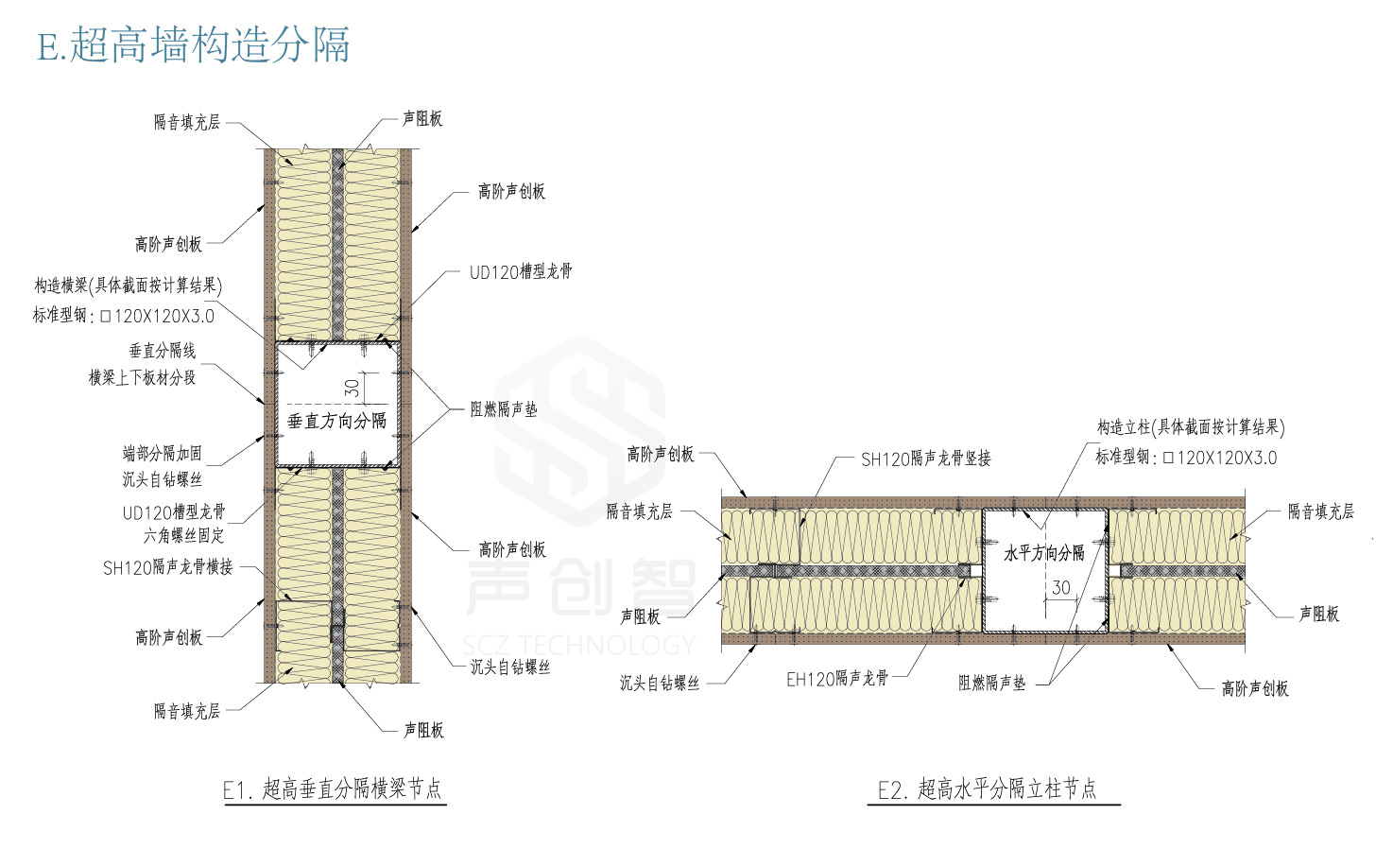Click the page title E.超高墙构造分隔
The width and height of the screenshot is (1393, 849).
(194, 44)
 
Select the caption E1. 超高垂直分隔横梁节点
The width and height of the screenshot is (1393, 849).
(333, 788)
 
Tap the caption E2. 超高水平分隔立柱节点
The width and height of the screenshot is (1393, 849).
(988, 788)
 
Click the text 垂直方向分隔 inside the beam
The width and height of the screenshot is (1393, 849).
(336, 421)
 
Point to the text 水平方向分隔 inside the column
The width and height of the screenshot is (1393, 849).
(1044, 552)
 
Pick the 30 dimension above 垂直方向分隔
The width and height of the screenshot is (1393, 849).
(352, 388)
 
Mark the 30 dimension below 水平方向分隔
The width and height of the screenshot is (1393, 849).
(1061, 587)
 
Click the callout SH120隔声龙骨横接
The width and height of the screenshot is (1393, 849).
(168, 566)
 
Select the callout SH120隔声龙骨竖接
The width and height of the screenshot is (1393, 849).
(926, 459)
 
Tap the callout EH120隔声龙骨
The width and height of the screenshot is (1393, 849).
(837, 679)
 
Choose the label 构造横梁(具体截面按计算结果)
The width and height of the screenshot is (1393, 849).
(128, 286)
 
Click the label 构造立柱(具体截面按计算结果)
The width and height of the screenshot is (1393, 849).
(1190, 427)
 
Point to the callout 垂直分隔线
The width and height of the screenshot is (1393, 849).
(163, 351)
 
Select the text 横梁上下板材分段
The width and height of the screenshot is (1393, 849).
(143, 377)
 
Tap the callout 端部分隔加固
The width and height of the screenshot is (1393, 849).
(163, 454)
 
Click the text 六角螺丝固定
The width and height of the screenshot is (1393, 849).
(184, 535)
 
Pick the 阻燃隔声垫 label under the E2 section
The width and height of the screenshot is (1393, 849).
(992, 683)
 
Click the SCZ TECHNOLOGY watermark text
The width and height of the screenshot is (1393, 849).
(579, 645)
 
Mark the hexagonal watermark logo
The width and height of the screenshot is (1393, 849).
(579, 430)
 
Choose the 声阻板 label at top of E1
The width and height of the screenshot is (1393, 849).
(422, 118)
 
